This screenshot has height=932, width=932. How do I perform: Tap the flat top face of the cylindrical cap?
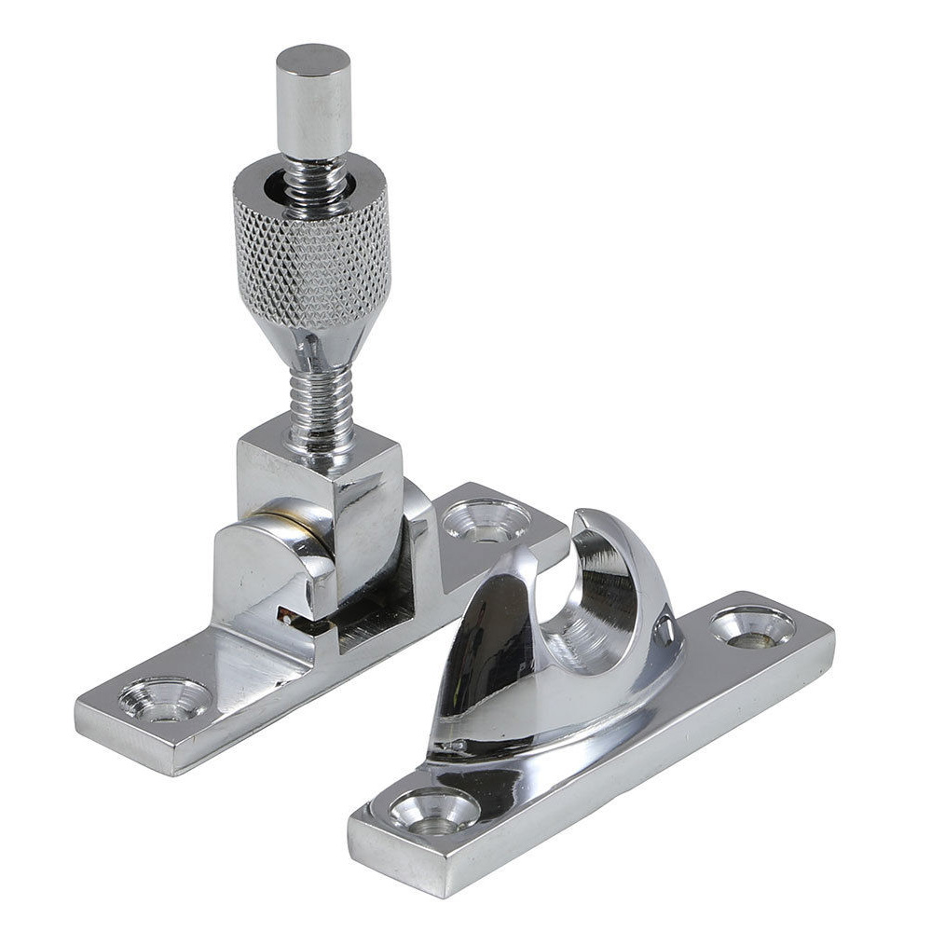(x=313, y=58)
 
